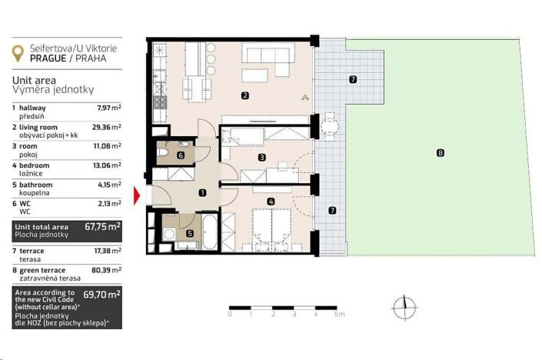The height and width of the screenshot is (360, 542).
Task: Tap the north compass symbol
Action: coord(404,308)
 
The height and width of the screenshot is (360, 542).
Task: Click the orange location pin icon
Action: coord(18,52)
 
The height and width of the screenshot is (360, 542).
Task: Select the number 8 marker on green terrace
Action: coord(439,153)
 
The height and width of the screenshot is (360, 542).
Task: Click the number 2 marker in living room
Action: coord(244,96)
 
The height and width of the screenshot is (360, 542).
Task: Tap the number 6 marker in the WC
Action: coord(180,155)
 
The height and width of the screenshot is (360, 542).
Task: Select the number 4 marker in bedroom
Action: coord(270,202)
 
